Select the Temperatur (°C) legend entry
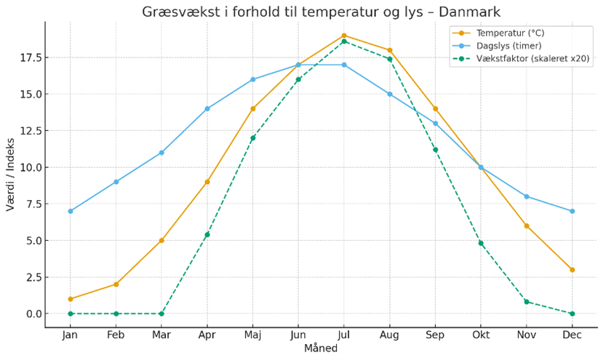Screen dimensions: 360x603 (510, 33)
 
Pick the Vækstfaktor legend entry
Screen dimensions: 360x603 (524, 59)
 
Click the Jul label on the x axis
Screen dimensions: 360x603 (344, 335)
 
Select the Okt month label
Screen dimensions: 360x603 (481, 335)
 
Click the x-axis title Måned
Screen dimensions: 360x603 (321, 349)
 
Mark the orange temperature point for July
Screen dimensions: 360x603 (344, 35)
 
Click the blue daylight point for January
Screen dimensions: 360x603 (71, 211)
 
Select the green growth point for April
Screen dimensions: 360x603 (207, 234)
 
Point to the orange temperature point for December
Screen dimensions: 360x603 (572, 270)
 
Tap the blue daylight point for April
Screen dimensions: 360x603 (207, 108)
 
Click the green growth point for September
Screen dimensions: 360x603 (435, 150)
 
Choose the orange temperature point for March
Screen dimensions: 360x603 (161, 240)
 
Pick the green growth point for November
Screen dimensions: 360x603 (527, 302)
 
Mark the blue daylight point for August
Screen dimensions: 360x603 (390, 94)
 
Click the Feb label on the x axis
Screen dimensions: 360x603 (116, 335)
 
